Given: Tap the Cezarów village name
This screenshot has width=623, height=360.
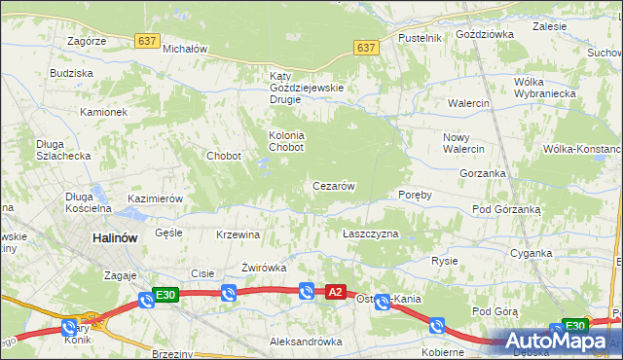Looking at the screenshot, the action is (333, 186).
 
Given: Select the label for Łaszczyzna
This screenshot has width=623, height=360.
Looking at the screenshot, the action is (371, 234).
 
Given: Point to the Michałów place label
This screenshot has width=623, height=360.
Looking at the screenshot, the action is (186, 48).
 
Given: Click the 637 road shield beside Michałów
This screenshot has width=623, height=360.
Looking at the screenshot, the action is (147, 40).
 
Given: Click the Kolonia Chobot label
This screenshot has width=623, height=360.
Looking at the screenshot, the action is (287, 141).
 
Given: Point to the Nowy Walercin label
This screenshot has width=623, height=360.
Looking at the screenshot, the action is (463, 143).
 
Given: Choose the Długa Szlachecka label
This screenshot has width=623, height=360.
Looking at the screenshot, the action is (63, 150).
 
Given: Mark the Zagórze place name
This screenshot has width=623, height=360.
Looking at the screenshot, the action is (87, 41).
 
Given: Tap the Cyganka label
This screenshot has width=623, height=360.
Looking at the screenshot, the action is (531, 253).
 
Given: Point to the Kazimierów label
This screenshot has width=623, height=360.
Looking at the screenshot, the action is (156, 198).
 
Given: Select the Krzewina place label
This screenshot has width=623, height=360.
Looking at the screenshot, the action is (238, 234).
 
